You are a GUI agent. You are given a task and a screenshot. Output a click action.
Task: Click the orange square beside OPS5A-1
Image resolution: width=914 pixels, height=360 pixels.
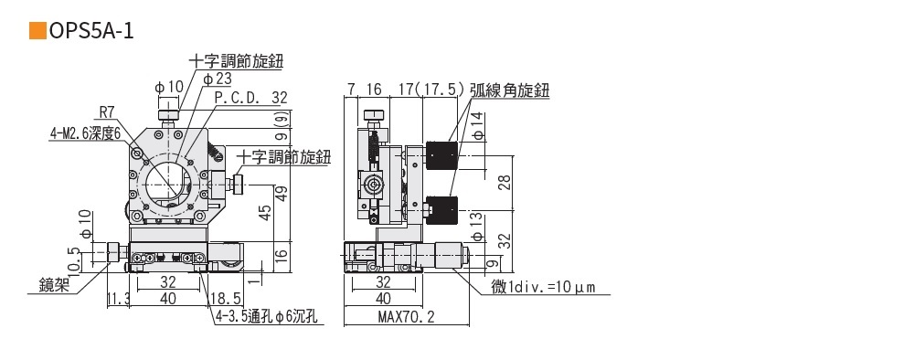(37, 31)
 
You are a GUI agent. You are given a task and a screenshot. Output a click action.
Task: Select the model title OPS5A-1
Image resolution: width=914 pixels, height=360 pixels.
(91, 31)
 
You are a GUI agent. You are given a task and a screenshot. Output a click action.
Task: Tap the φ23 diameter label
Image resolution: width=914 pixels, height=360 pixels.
(218, 79)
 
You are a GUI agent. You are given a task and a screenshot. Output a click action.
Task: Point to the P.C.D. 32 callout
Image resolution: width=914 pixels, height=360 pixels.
(251, 97)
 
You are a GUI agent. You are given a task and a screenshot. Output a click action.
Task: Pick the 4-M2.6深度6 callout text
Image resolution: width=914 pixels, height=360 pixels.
(85, 133)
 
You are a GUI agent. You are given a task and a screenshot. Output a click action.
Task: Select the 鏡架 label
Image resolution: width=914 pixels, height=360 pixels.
(54, 284)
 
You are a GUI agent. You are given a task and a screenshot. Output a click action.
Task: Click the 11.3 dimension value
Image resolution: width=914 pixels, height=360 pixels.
(118, 300)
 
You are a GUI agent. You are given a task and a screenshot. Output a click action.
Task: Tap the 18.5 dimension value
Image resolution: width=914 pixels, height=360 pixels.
(227, 300)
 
